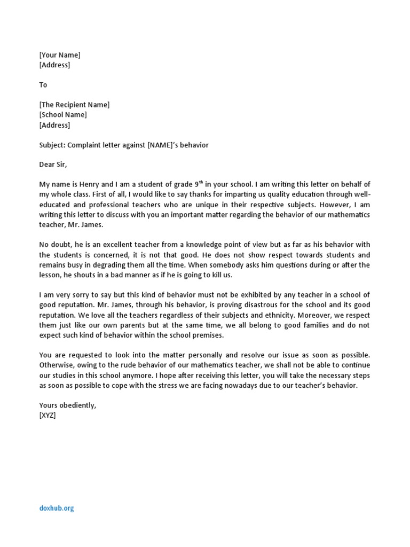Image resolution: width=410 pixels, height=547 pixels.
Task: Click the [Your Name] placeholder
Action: tap(60, 55)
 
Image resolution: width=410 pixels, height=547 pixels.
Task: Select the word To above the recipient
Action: tap(43, 85)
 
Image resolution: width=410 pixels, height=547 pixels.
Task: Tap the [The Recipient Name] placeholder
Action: tap(74, 105)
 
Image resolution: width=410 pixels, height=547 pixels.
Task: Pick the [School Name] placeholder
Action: tap(63, 115)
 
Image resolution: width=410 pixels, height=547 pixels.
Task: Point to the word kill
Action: tap(216, 275)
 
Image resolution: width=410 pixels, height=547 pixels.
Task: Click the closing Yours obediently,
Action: tap(68, 405)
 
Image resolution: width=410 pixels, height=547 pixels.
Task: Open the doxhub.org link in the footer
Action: tap(57, 509)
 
